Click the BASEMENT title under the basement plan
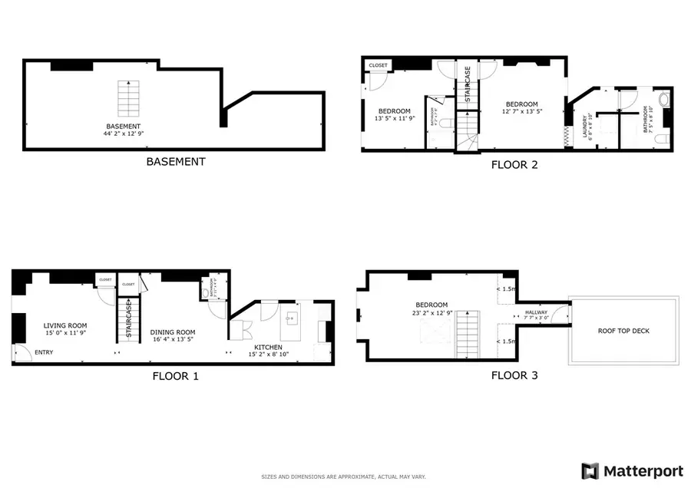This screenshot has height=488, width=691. pyautogui.click(x=176, y=162)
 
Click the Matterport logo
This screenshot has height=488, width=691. pyautogui.click(x=633, y=470)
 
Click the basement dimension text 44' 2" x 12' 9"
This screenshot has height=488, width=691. pyautogui.click(x=124, y=134)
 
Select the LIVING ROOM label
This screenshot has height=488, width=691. pyautogui.click(x=64, y=326)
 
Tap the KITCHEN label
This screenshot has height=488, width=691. pyautogui.click(x=269, y=348)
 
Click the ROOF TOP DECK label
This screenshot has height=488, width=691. pyautogui.click(x=623, y=331)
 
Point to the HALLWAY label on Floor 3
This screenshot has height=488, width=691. pyautogui.click(x=536, y=312)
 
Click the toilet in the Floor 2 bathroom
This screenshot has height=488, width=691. pyautogui.click(x=664, y=100)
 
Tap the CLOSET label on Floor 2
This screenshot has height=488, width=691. pyautogui.click(x=378, y=65)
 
